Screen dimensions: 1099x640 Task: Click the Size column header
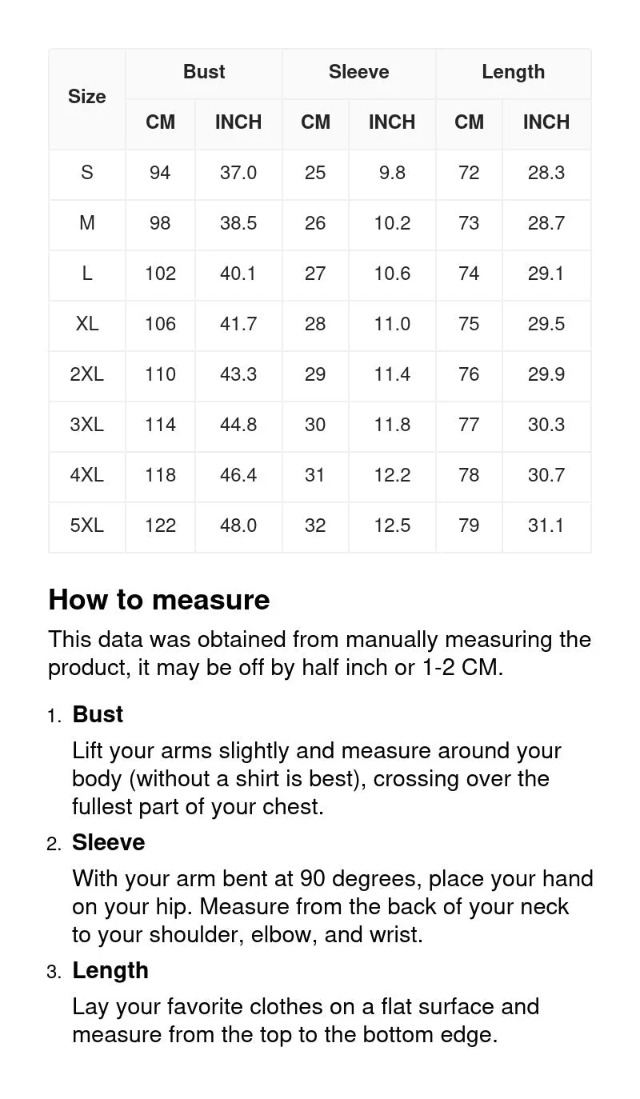pos(86,97)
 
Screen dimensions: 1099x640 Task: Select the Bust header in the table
pos(204,72)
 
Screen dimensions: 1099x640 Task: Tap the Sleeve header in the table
pos(358,72)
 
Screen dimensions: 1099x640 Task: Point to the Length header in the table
pos(513,72)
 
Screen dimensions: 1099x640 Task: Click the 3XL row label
pos(86,425)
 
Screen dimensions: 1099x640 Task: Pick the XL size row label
pos(86,324)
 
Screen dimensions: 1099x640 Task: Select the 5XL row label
pos(86,526)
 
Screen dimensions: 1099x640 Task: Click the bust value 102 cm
pos(160,274)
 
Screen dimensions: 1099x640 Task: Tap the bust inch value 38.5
pos(238,223)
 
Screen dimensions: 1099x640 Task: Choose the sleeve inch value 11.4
pos(392,374)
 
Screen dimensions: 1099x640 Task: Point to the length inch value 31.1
pos(546,526)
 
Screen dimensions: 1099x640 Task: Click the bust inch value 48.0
pos(238,526)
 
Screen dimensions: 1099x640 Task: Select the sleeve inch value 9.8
pos(392,173)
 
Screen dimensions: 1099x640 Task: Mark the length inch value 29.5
pos(546,324)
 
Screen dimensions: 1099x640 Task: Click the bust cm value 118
pos(160,475)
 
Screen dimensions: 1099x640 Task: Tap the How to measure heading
pos(159,600)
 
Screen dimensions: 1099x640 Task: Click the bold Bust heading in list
pos(98,714)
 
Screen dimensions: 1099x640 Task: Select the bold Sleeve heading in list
pos(108,842)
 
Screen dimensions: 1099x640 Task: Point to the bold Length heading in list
pos(110,970)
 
